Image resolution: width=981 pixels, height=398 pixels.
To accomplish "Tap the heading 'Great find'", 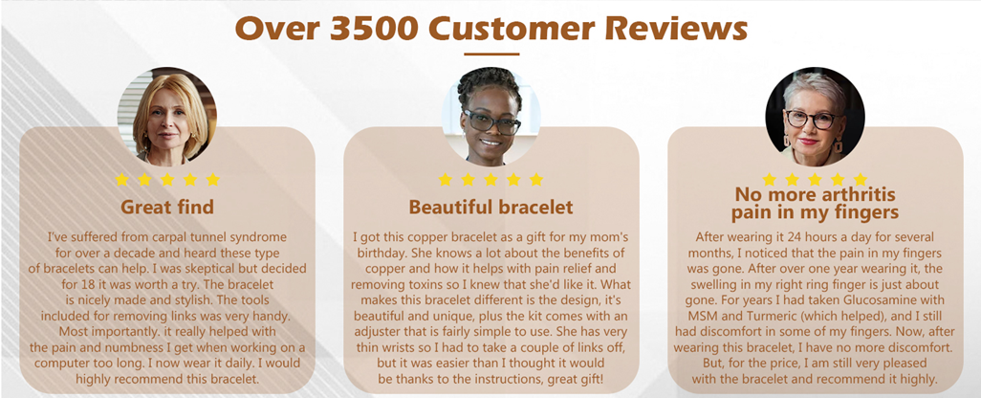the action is (167, 207).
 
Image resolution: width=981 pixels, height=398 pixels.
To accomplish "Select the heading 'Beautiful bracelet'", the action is (490, 207).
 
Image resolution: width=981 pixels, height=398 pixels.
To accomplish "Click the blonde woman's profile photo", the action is (167, 116).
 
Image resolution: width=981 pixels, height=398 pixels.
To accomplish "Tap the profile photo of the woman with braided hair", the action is (491, 116).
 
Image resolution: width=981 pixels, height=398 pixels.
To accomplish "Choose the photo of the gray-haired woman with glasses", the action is (816, 116).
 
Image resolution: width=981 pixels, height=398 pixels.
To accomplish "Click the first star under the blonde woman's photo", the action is (122, 180).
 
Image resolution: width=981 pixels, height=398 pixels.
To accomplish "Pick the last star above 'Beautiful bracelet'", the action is (536, 180).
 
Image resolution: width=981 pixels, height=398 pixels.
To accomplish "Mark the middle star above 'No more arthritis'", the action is (816, 180).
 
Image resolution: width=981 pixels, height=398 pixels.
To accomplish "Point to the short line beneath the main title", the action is (491, 55).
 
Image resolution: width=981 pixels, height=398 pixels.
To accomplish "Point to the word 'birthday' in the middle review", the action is (381, 254).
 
